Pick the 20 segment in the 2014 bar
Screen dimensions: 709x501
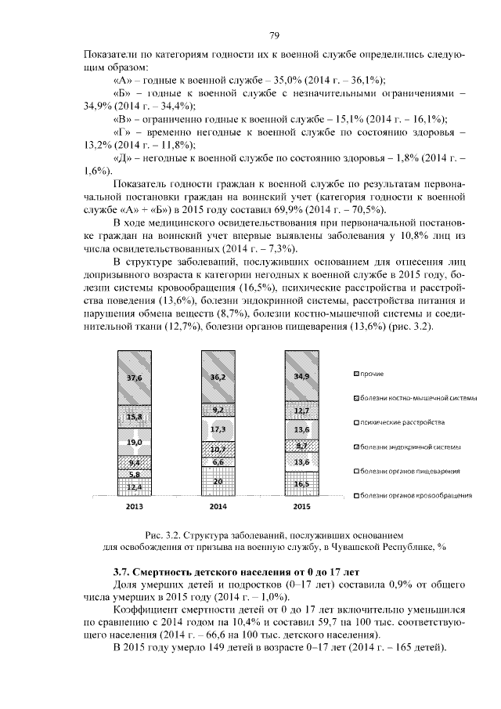click(218, 481)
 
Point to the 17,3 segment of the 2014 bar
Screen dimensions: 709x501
click(218, 430)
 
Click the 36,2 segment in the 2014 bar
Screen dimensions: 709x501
click(218, 377)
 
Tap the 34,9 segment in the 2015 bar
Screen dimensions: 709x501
click(301, 376)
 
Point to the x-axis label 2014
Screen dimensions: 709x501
click(218, 508)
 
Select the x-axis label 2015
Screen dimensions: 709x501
click(301, 508)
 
